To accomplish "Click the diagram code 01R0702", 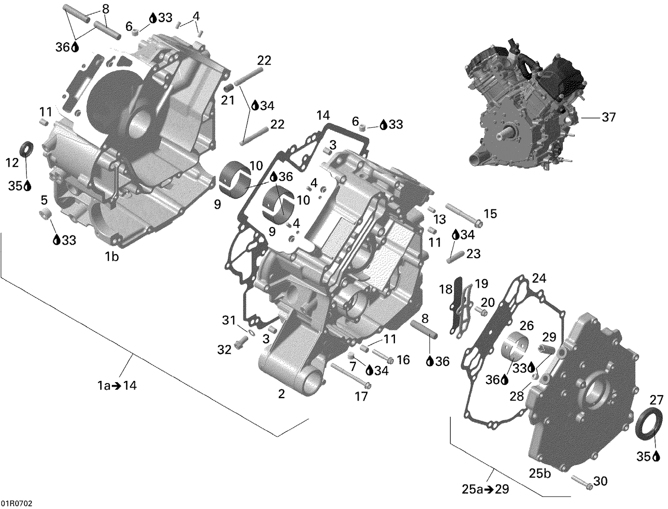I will pos(16,504).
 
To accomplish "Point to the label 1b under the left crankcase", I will pos(111,257).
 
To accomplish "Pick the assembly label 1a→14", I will pos(117,386).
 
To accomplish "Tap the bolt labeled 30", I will pos(581,482).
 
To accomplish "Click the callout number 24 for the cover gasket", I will pos(539,279).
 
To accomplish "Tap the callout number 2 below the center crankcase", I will pos(281,394).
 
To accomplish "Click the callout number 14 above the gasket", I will pos(323,116).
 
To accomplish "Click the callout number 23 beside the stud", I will pos(473,254).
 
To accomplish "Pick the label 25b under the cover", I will pos(540,473).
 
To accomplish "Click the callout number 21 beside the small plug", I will pos(228,100).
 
